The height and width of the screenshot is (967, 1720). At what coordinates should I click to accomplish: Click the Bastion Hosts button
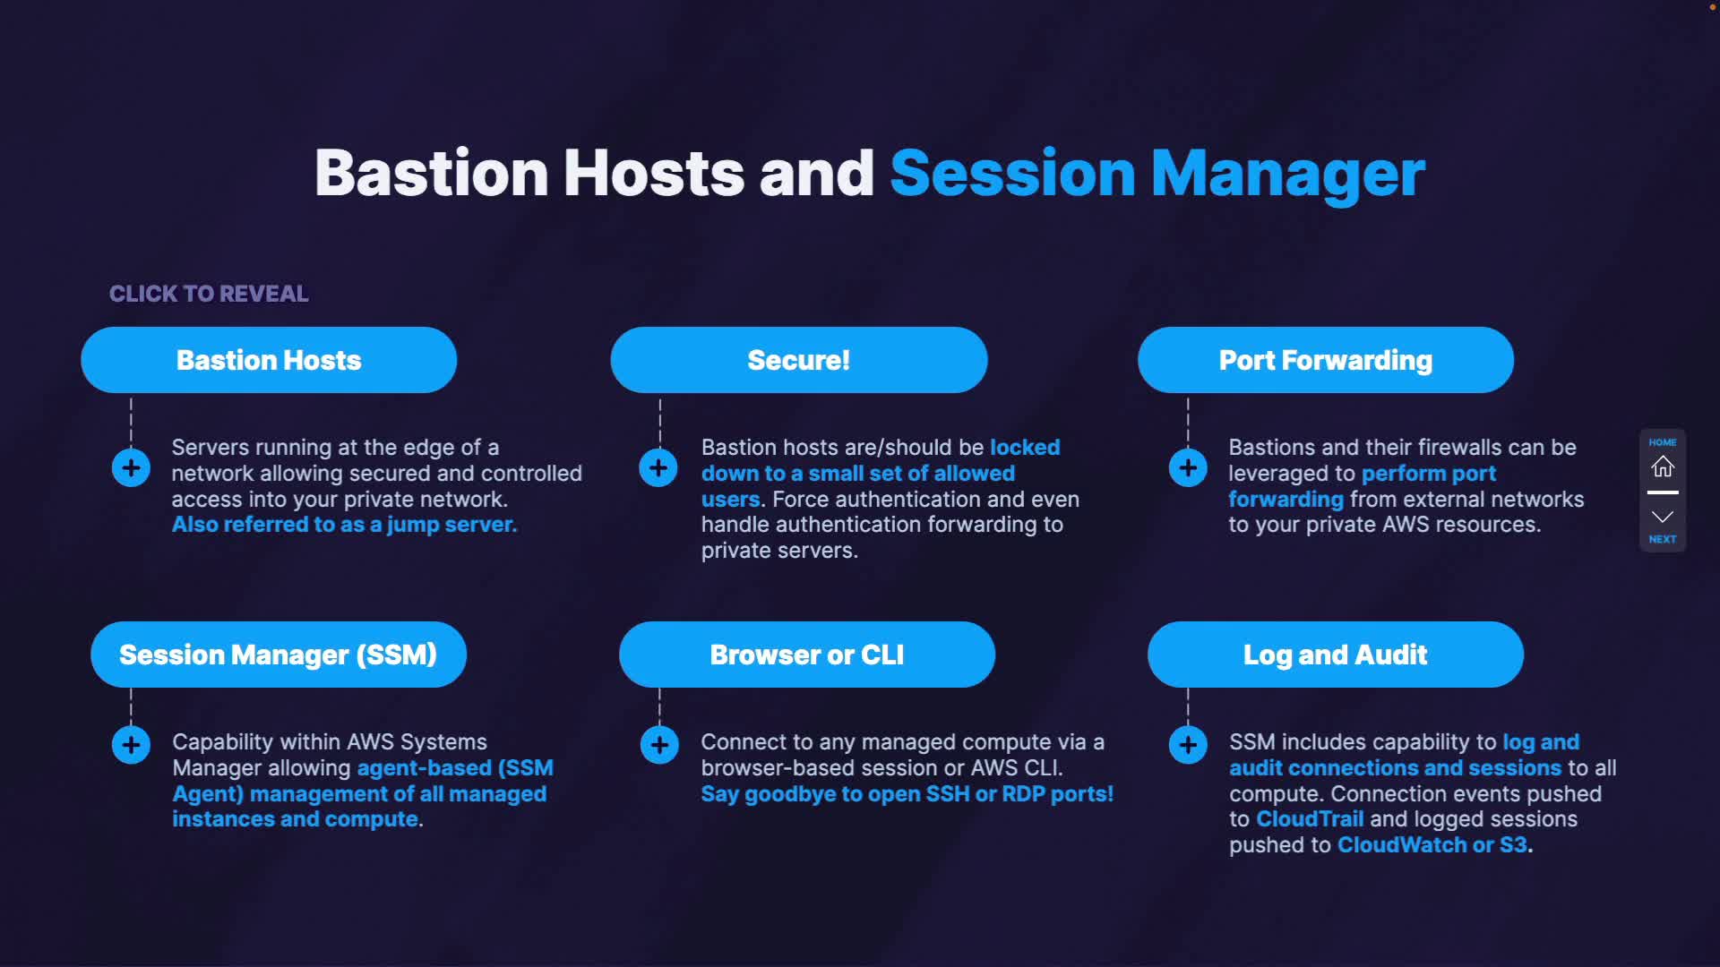269,360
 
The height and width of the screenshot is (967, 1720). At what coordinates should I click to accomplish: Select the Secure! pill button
799,360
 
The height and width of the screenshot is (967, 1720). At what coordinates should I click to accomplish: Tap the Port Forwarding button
1326,360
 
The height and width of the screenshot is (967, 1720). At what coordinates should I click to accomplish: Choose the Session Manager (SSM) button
279,655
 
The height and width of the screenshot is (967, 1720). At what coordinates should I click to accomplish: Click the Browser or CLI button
807,655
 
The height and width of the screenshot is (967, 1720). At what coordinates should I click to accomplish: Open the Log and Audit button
1336,655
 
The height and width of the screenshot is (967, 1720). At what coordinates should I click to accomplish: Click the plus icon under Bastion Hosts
131,467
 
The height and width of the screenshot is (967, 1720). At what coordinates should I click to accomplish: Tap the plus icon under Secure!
658,467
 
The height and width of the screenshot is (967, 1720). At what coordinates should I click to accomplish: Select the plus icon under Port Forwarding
1188,467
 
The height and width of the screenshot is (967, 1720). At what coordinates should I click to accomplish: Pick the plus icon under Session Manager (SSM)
131,745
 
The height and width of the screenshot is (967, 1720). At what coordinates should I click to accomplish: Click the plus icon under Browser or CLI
659,745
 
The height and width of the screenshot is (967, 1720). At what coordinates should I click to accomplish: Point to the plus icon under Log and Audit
1188,745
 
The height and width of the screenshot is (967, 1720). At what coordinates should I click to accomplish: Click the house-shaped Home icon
1663,466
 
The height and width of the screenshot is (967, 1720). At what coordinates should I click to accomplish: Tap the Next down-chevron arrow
1663,517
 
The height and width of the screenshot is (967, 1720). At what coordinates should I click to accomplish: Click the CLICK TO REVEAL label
209,294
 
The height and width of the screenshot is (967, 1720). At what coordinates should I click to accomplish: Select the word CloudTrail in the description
1310,819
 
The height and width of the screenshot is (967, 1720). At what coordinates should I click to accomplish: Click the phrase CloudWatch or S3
1432,845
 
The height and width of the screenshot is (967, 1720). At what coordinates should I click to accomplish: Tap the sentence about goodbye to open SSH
907,794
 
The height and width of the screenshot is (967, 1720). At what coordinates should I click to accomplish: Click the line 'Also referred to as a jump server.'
345,525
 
